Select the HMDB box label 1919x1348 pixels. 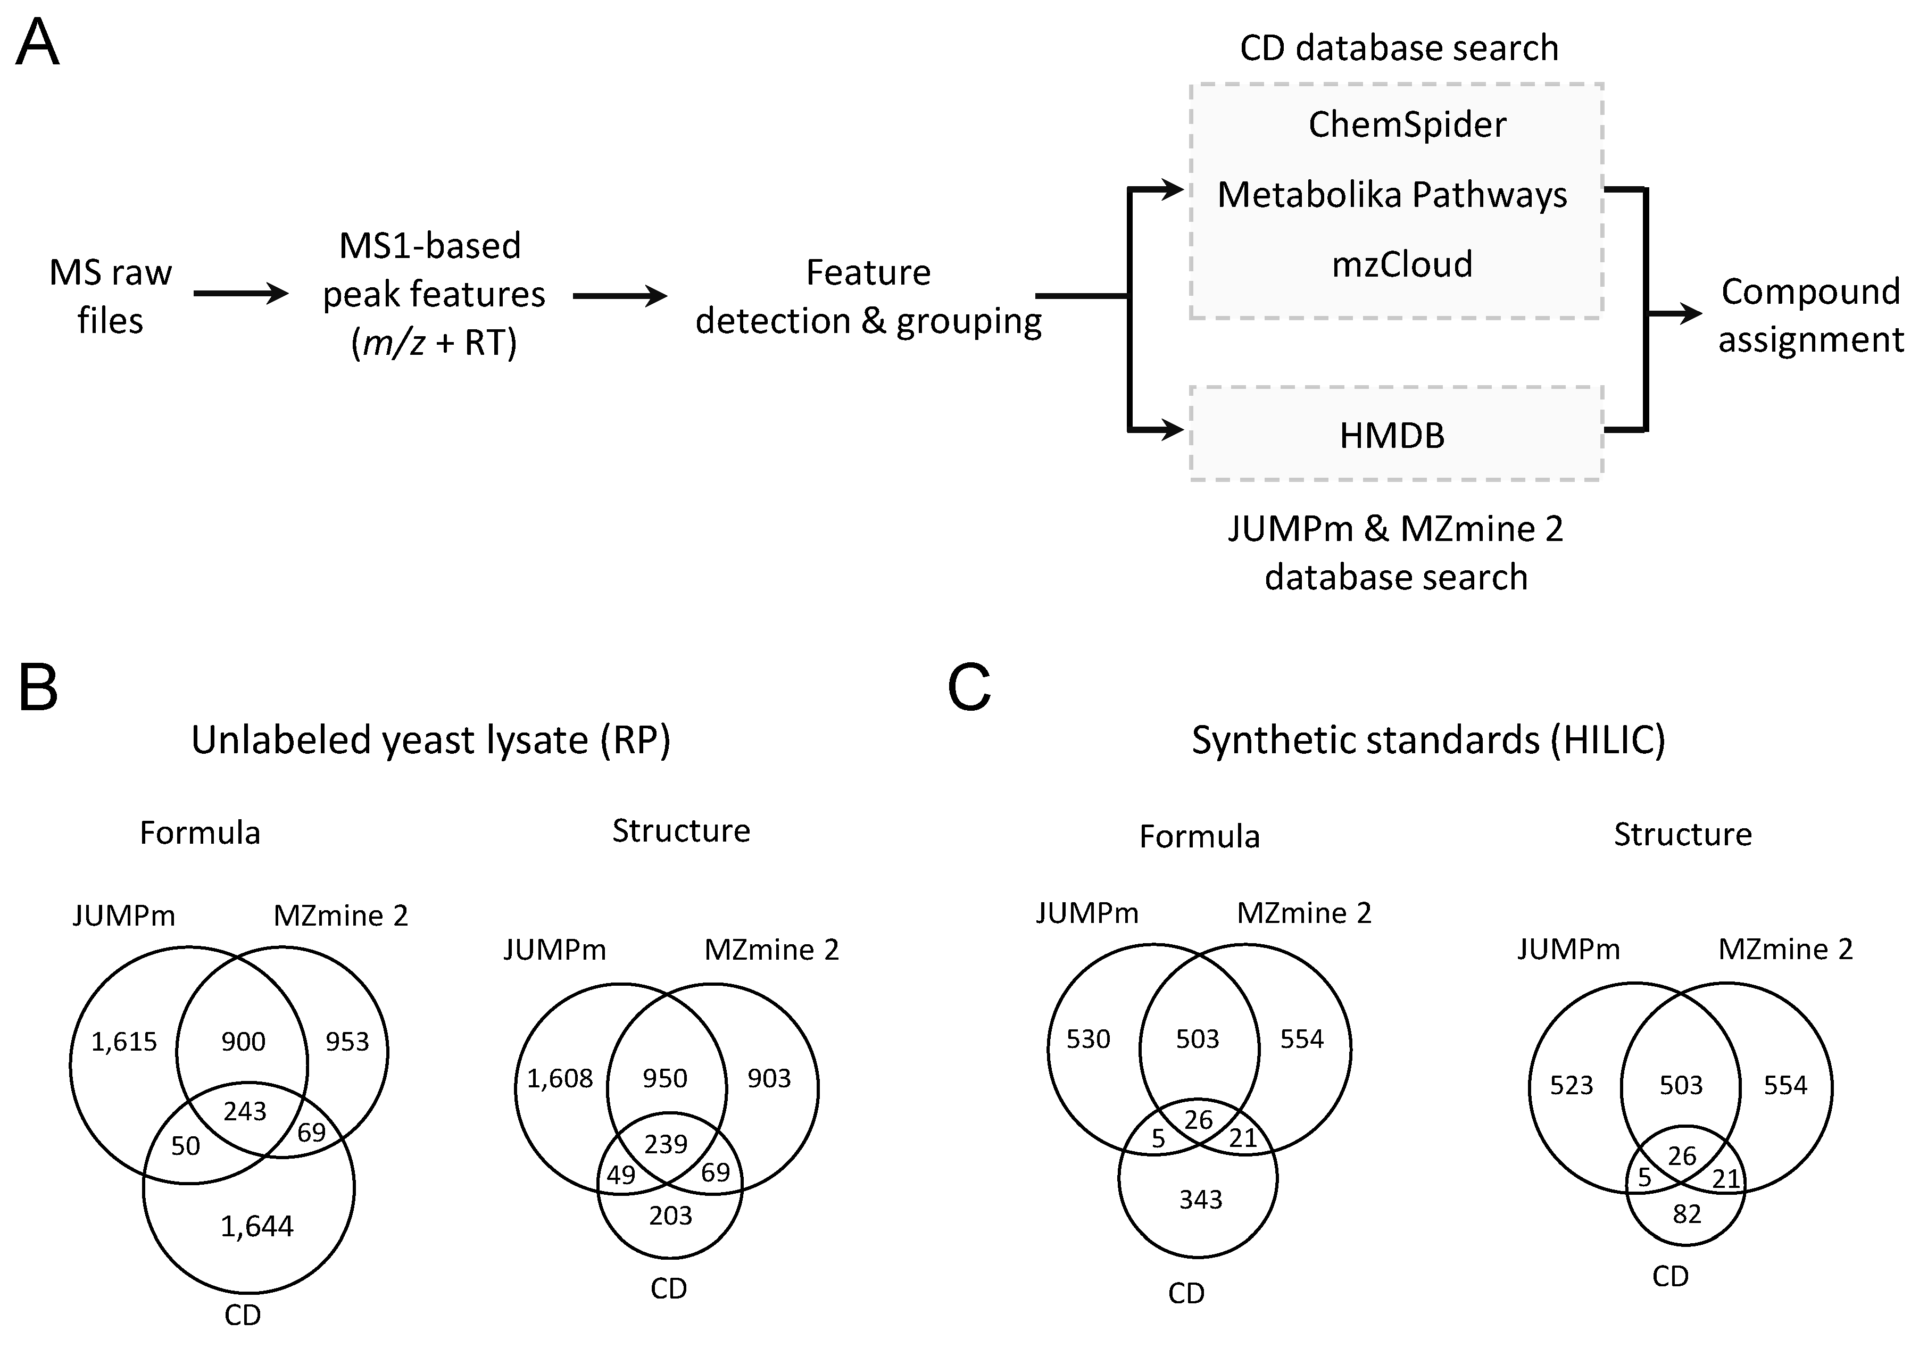pos(1392,435)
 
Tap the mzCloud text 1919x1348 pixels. pos(1402,264)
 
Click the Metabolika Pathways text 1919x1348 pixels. pos(1392,195)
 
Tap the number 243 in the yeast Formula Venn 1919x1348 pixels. pos(244,1111)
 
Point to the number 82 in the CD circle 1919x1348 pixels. pos(1687,1213)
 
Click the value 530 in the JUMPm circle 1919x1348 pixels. pos(1087,1039)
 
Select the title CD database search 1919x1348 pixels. pos(1398,48)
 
